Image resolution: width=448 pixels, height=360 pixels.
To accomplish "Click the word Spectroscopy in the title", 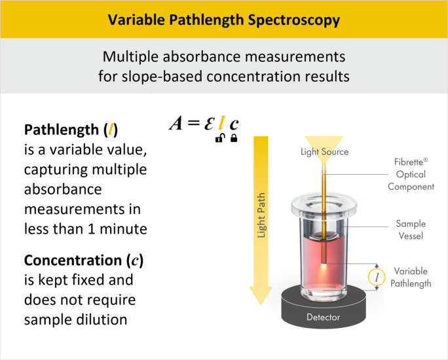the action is click(x=293, y=20).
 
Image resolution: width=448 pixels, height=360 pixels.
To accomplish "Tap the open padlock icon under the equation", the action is click(x=219, y=138).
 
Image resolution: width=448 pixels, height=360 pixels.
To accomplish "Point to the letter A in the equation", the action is click(x=176, y=123).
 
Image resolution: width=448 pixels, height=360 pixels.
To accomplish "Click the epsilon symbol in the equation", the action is click(x=209, y=124).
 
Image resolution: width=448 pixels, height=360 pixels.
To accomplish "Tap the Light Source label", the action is click(x=325, y=152).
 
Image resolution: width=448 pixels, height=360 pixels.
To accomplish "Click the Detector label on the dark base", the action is click(x=323, y=317).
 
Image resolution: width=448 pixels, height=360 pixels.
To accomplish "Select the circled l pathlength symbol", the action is click(x=377, y=277).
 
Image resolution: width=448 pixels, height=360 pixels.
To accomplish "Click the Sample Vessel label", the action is click(x=411, y=230).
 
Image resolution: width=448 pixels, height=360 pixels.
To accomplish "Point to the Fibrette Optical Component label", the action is click(x=411, y=174).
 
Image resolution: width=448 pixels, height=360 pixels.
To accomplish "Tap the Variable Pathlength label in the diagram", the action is click(x=411, y=277).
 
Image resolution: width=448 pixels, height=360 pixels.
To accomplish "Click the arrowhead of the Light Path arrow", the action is click(x=261, y=296).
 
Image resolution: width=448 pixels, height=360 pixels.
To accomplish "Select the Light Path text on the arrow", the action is click(x=261, y=215).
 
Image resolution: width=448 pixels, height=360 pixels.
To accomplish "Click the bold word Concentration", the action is click(x=73, y=260).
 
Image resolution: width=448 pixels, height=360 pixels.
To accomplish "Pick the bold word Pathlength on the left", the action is click(x=62, y=130).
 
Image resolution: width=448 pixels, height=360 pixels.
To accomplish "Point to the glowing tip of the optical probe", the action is click(x=324, y=265).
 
